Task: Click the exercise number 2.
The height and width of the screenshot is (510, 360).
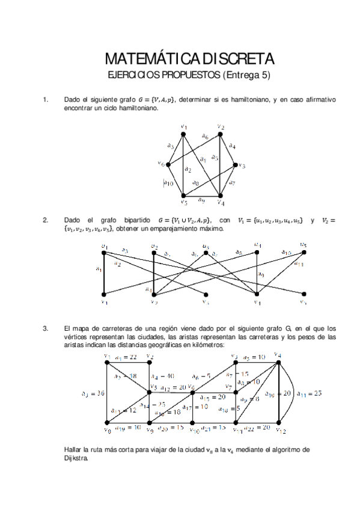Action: click(45, 220)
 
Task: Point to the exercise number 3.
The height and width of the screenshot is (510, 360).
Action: click(45, 328)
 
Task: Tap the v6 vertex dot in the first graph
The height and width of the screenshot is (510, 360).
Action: click(168, 164)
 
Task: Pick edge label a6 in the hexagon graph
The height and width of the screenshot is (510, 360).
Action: click(205, 137)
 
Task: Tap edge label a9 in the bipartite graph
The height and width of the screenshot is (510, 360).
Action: click(261, 274)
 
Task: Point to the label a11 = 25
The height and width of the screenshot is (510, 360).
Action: click(309, 393)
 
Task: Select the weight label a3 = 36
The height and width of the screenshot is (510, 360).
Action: click(92, 394)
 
